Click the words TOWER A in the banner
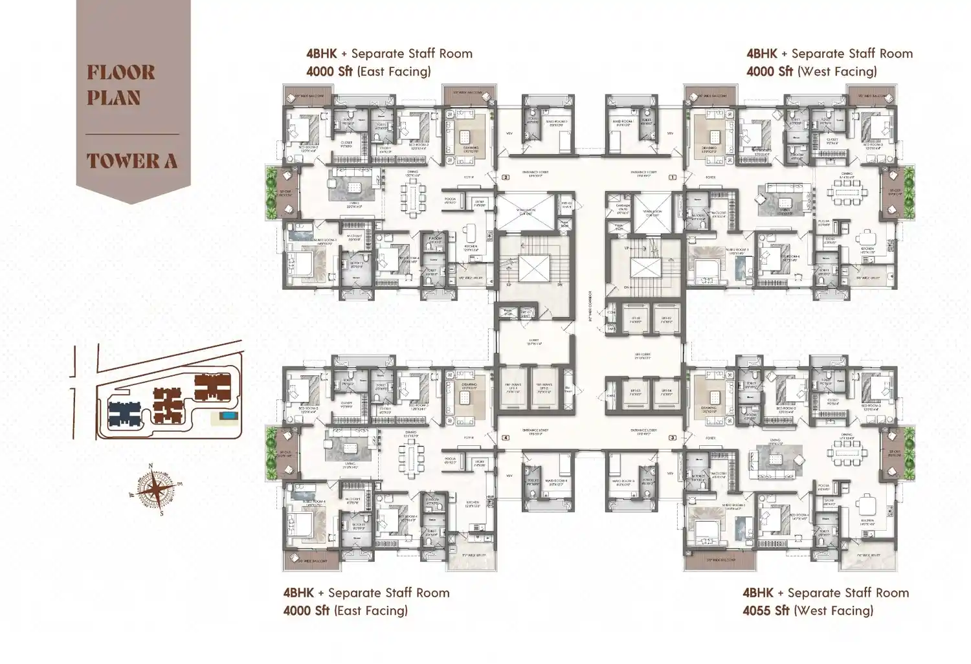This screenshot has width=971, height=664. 132,161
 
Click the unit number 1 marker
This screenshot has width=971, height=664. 673,177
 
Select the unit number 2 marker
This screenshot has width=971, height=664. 506,177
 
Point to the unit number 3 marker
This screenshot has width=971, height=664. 673,438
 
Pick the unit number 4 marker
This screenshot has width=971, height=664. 506,438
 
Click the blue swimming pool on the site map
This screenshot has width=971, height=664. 227,415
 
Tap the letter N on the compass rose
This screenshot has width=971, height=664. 151,466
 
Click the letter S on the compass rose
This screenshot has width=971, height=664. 161,515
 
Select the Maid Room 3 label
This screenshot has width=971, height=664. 623,481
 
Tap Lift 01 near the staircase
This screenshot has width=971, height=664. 636,320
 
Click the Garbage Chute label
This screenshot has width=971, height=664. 623,208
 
